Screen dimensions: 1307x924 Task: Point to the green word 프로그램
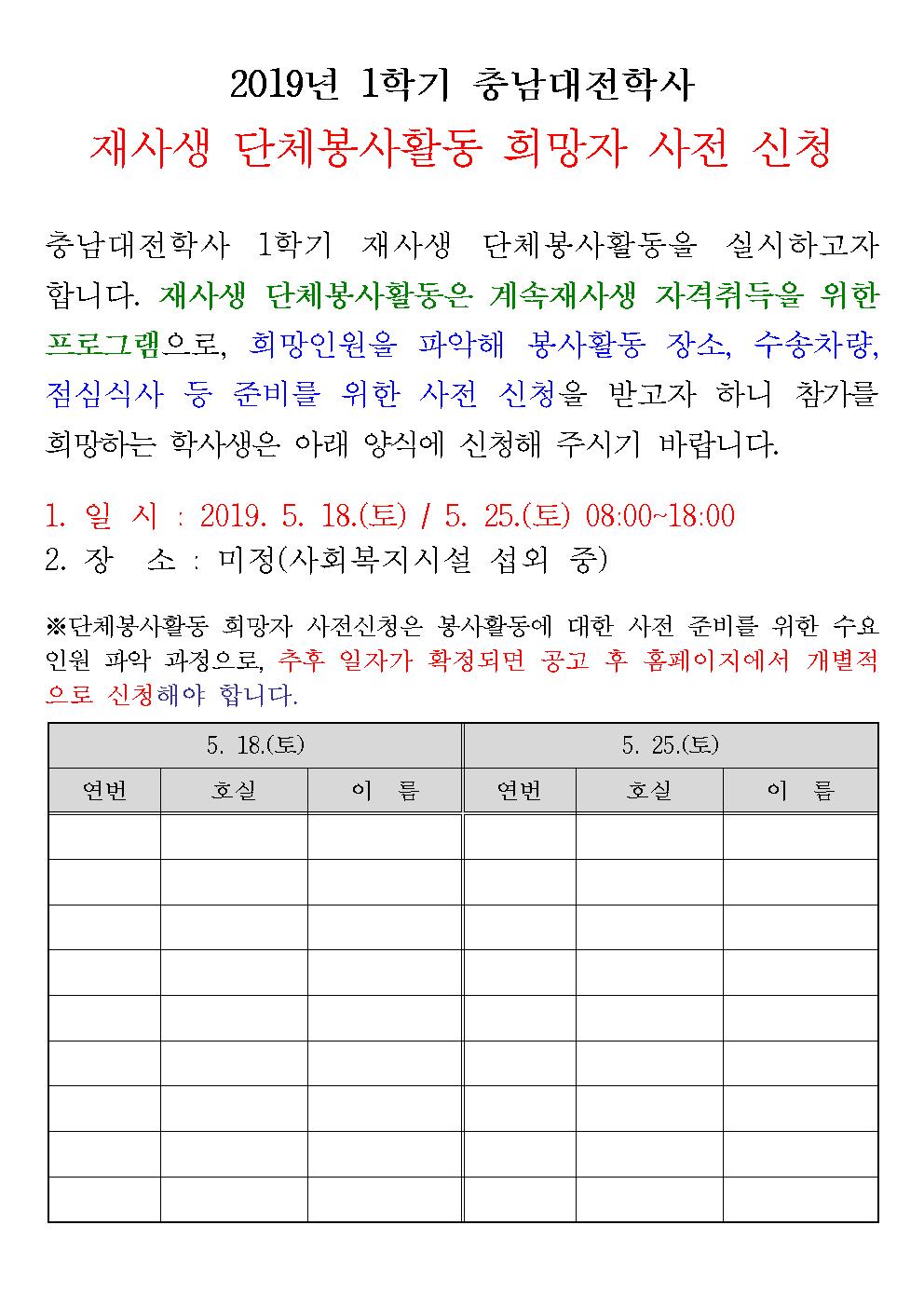104,345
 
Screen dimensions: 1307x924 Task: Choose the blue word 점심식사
103,394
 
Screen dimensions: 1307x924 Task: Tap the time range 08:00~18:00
659,515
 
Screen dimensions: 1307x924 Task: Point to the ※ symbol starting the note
56,624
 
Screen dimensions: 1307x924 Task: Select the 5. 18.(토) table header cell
255,745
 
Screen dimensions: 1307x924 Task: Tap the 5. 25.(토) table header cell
671,745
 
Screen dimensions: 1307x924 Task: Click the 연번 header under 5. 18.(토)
104,791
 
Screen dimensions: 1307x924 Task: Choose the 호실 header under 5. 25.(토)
649,791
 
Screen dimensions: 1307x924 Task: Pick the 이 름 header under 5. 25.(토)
800,791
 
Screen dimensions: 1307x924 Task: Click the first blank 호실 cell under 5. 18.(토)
234,837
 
